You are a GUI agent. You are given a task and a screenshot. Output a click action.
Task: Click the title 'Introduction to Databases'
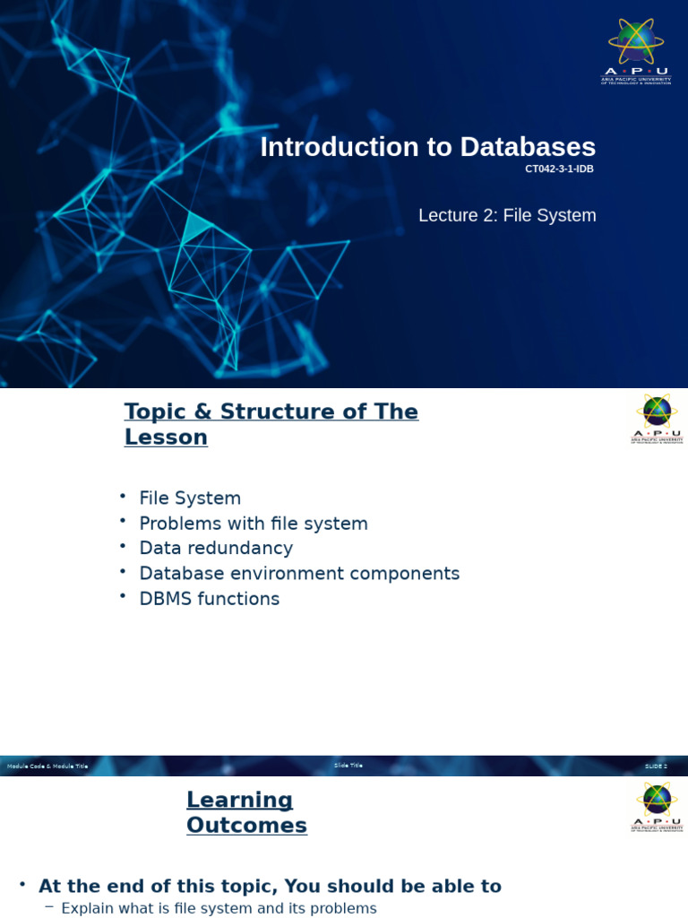427,148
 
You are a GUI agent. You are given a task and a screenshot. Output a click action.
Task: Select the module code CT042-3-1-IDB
559,169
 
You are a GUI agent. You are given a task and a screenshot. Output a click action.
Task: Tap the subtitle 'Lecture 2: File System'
507,216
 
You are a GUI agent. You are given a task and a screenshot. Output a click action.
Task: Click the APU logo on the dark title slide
636,50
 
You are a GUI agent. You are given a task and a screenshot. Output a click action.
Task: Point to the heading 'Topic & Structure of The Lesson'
271,424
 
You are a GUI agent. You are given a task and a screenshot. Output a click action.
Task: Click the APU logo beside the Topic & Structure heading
657,420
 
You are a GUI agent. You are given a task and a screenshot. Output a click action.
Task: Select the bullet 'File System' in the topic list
190,498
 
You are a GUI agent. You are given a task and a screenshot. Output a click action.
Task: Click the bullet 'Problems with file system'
254,524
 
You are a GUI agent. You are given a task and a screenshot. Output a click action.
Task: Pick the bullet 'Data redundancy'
216,549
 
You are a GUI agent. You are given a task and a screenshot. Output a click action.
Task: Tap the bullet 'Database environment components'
299,574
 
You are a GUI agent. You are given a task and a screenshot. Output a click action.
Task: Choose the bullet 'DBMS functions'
209,599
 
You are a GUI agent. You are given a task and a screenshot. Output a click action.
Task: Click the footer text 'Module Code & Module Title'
47,766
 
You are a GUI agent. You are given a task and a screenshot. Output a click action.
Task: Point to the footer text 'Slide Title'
348,766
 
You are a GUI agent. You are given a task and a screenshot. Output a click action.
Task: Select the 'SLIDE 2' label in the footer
656,766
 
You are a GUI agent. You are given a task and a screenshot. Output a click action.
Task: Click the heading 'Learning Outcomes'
246,812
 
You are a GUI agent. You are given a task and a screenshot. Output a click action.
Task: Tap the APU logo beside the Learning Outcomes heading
657,807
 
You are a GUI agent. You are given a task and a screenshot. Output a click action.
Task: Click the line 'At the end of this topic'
270,887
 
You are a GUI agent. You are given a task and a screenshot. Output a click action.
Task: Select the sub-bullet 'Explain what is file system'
219,909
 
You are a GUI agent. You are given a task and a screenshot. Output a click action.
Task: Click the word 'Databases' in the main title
528,148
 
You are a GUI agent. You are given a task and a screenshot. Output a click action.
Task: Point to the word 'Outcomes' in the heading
246,826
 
